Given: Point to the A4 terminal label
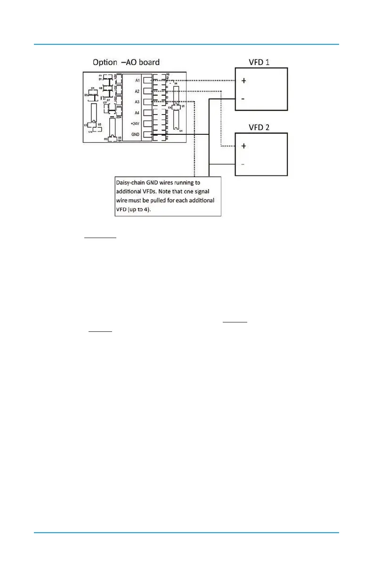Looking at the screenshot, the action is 137,113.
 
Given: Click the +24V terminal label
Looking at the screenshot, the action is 136,124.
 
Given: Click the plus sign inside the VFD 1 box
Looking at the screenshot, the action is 243,81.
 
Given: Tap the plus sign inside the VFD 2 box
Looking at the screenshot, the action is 243,146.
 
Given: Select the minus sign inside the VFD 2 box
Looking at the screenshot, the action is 243,164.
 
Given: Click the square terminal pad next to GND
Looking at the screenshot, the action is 148,135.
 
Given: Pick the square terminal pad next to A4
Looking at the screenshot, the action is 148,113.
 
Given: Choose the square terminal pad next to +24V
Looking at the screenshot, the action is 148,124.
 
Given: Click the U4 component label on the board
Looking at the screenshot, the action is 180,131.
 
